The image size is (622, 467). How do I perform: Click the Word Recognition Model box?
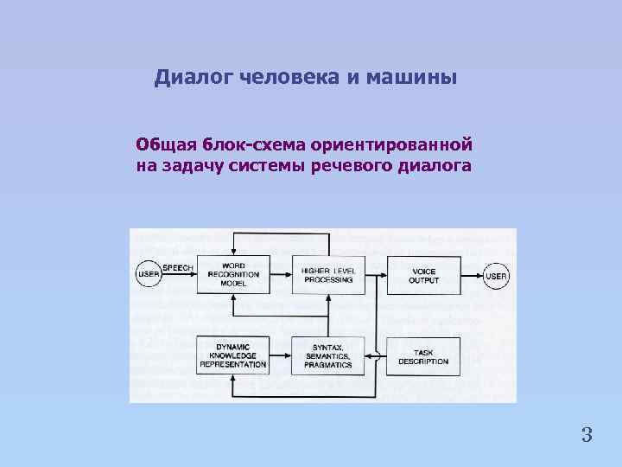coord(233,274)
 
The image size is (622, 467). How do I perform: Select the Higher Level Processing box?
coord(328,274)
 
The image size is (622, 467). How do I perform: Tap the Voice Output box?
coord(423,274)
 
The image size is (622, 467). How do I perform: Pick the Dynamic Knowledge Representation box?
coord(233,355)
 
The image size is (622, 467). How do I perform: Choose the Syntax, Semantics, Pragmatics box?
coord(328,355)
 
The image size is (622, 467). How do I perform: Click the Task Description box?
coord(423,355)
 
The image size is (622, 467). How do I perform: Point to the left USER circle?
coord(148,275)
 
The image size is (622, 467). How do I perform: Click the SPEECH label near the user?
coord(178,268)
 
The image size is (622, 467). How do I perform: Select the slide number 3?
coord(587,435)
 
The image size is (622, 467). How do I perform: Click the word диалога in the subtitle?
coord(436,166)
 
